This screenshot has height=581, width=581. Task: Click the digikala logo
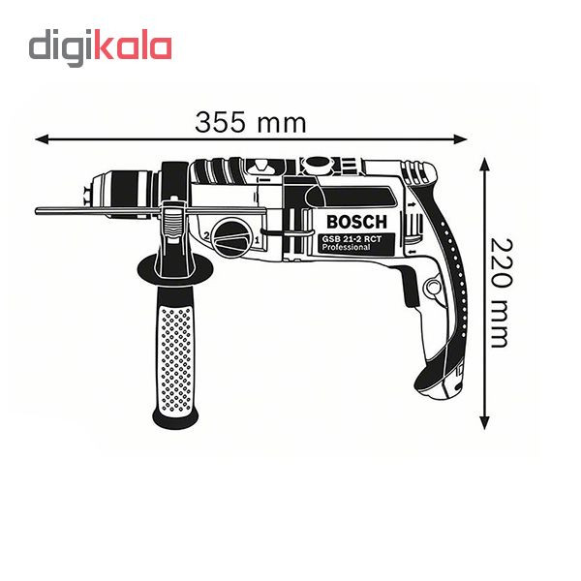pyautogui.click(x=100, y=47)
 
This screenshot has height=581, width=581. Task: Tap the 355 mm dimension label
pyautogui.click(x=251, y=123)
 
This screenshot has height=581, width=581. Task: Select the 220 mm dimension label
pyautogui.click(x=502, y=292)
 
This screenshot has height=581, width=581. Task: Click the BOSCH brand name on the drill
pyautogui.click(x=356, y=222)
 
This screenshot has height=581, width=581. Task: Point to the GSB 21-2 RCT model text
pyautogui.click(x=352, y=239)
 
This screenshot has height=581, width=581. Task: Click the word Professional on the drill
pyautogui.click(x=346, y=247)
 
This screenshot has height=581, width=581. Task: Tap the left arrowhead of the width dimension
pyautogui.click(x=42, y=139)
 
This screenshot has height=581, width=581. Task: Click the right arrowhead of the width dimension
pyautogui.click(x=460, y=139)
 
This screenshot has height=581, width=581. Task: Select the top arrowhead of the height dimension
pyautogui.click(x=485, y=164)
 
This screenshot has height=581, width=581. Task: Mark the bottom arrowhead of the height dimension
pyautogui.click(x=485, y=422)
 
